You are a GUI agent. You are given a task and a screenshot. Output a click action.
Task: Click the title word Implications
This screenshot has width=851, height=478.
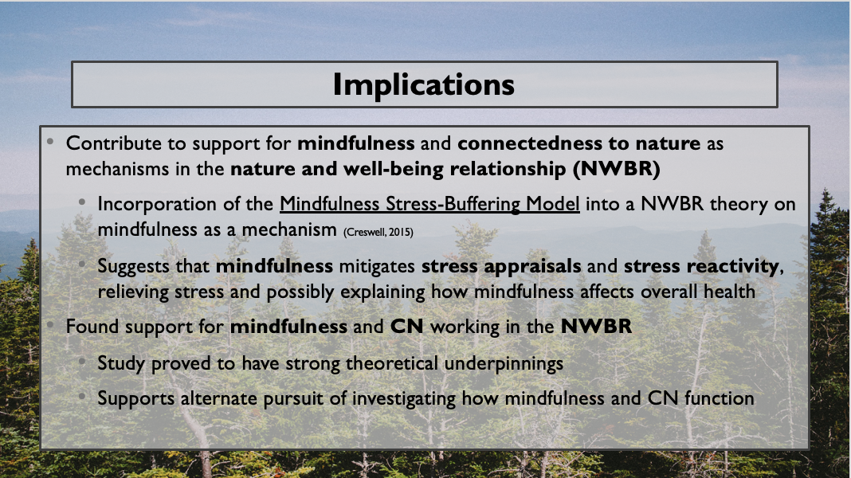pyautogui.click(x=423, y=85)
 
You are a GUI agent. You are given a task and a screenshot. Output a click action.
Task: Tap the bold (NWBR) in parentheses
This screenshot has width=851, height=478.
pyautogui.click(x=617, y=169)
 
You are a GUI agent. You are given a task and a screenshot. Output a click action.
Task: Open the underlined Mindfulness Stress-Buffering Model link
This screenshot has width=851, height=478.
pyautogui.click(x=429, y=205)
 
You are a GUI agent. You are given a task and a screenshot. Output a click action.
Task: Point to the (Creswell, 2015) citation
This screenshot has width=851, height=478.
pyautogui.click(x=378, y=232)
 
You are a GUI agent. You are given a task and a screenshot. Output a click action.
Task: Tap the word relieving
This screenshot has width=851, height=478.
pyautogui.click(x=133, y=292)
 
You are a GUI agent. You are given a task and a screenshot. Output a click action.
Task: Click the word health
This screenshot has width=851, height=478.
pyautogui.click(x=729, y=292)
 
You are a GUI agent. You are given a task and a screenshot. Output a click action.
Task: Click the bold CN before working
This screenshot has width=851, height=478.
pyautogui.click(x=407, y=327)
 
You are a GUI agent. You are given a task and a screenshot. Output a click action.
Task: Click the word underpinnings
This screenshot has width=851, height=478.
pyautogui.click(x=504, y=364)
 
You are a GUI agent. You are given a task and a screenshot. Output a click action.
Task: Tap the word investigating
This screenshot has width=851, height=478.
pyautogui.click(x=404, y=400)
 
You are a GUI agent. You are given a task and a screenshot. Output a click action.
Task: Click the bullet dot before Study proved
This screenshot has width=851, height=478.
pyautogui.click(x=82, y=362)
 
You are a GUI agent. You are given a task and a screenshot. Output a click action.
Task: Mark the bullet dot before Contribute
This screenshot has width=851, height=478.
pyautogui.click(x=50, y=142)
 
